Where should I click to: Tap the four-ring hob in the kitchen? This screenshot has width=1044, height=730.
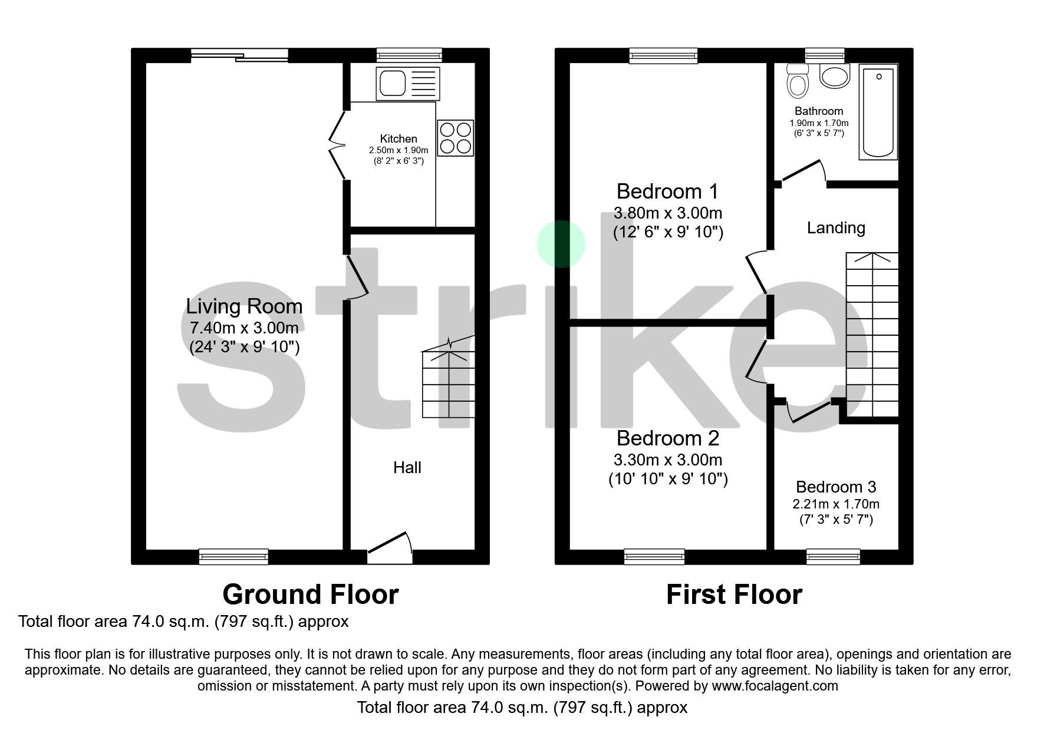456,138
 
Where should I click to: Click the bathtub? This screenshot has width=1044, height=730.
878,112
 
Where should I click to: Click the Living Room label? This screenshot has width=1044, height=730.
244,306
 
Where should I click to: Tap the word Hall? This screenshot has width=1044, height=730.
407,468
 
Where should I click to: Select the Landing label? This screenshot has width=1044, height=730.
836,228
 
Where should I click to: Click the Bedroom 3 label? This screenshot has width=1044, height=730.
836,487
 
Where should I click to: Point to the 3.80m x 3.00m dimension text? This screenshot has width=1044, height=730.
668,213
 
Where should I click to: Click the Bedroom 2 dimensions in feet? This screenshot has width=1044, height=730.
668,479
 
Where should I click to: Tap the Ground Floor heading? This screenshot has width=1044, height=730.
310,594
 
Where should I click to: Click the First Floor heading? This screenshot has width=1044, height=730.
734,594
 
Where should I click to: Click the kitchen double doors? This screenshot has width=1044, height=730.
337,144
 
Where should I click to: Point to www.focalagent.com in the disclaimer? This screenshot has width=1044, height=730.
775,686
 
